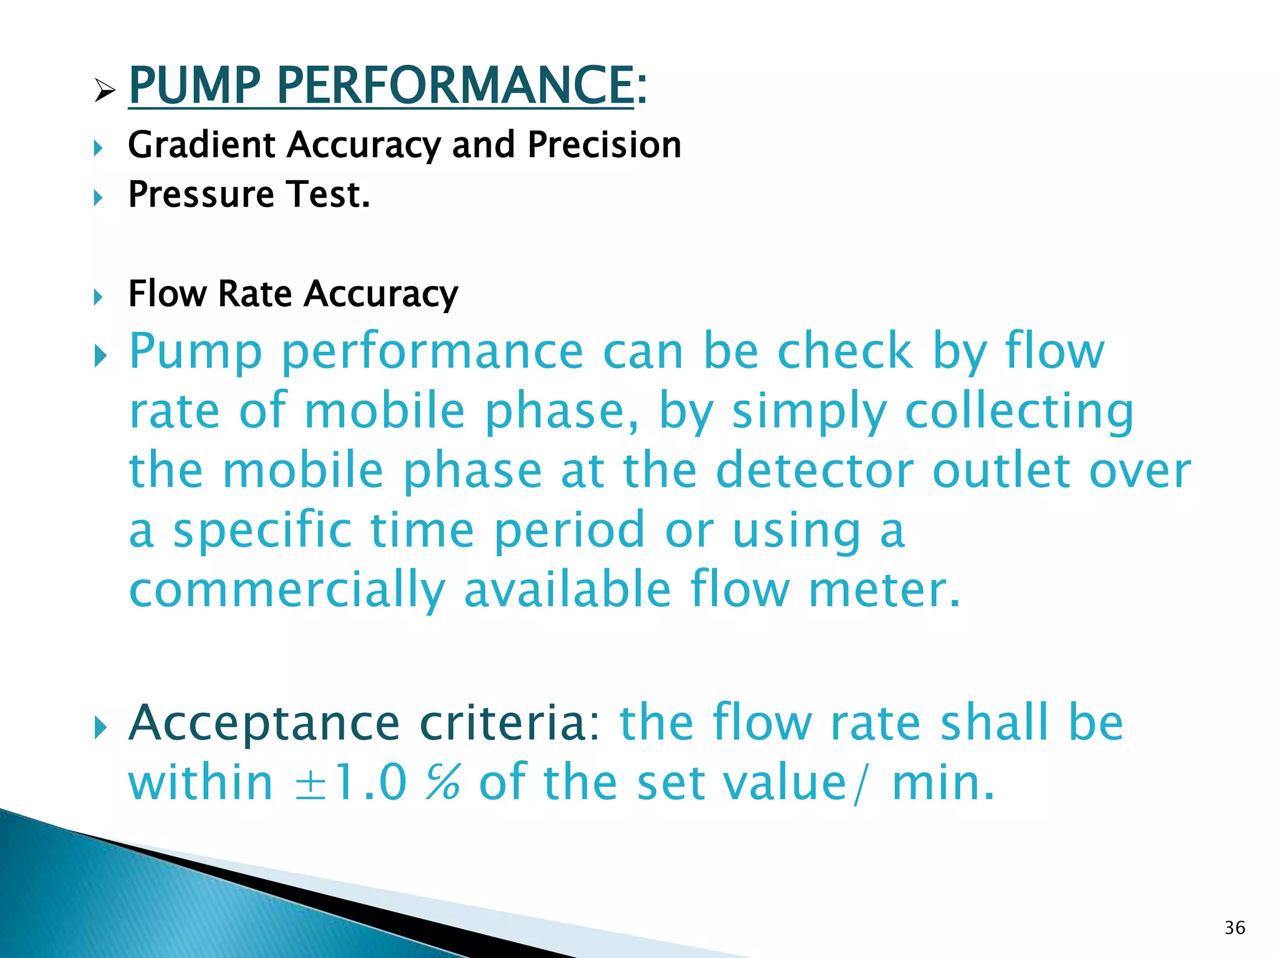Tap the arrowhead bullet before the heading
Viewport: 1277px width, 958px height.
tap(104, 92)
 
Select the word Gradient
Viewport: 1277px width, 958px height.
tap(201, 145)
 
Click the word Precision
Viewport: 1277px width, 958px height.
tap(604, 145)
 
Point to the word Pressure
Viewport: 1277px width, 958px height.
tap(201, 194)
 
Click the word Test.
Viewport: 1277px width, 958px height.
tap(328, 194)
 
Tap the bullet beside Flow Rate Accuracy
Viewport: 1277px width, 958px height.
tap(98, 296)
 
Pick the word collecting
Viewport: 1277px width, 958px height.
tap(1019, 412)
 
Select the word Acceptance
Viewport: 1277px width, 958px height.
tap(264, 723)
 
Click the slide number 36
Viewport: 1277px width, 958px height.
tap(1235, 927)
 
